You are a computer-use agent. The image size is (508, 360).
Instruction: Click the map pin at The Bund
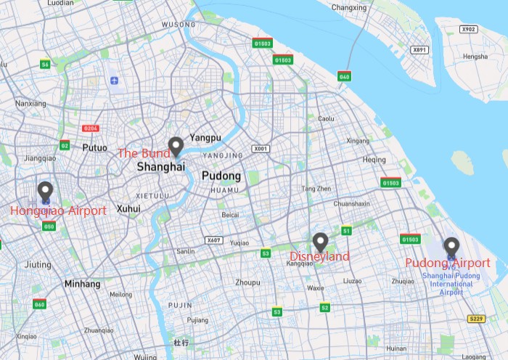175,147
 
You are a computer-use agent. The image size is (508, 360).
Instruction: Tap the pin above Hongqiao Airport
45,191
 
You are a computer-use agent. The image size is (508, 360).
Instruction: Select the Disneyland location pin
320,242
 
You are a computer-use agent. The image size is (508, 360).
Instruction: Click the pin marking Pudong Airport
451,247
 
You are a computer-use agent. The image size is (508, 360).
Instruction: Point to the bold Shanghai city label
161,167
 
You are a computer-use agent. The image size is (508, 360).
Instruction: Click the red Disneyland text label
319,256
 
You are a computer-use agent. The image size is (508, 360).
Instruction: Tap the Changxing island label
349,8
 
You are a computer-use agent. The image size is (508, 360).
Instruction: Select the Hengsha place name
476,57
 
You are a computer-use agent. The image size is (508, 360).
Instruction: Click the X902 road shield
469,29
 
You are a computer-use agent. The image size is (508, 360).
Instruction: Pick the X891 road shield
419,50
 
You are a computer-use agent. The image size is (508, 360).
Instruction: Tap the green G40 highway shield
344,76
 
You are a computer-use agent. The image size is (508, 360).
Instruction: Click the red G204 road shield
91,128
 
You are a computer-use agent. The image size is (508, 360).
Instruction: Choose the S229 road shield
476,319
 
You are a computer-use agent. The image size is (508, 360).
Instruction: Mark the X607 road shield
213,240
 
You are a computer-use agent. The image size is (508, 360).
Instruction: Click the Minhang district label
82,284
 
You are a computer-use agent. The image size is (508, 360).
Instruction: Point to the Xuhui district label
128,208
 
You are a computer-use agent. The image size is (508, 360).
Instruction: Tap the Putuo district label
94,147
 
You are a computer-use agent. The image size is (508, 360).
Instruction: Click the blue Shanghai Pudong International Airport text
451,284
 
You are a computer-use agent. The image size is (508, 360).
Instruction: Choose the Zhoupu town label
248,282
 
